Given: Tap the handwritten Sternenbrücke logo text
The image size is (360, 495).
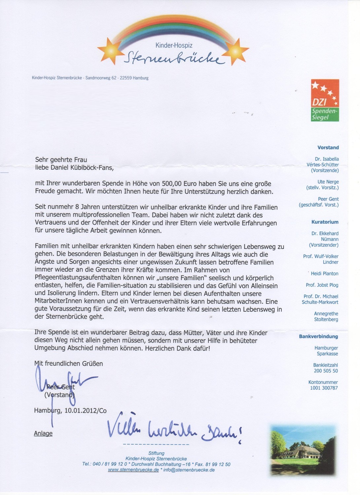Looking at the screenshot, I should (x=172, y=58).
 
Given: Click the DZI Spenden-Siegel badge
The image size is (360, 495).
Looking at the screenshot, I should (x=325, y=100).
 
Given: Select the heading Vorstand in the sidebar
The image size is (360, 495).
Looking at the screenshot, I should (x=328, y=148).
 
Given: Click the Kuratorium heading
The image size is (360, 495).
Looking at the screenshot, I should (x=325, y=222).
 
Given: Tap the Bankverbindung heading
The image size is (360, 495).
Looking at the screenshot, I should (x=318, y=337).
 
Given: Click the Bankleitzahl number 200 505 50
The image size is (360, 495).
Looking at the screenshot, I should (x=326, y=371).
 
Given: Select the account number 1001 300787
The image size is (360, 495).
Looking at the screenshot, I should (x=324, y=388).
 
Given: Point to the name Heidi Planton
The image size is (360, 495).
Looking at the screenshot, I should (x=325, y=274).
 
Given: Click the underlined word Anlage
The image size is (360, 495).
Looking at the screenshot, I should (x=43, y=434).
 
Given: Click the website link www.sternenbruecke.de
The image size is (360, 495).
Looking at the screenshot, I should (x=133, y=470).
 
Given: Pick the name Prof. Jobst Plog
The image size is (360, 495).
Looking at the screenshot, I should (x=322, y=285).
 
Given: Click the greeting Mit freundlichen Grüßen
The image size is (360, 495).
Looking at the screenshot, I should (x=69, y=364).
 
